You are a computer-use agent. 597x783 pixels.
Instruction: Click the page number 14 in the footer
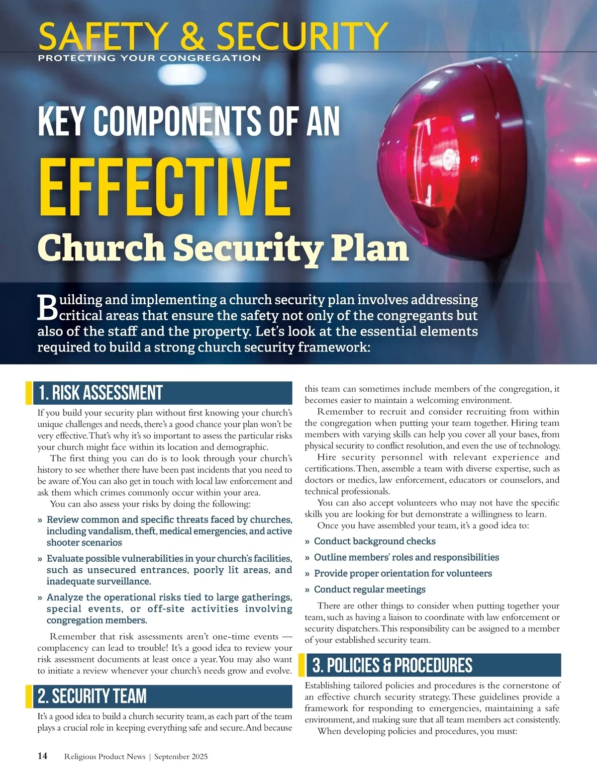42,756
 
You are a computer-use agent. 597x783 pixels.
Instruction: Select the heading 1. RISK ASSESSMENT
100,393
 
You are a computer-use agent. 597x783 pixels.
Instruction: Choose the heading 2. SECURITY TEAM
93,696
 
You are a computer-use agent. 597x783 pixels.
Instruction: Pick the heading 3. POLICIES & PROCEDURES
392,665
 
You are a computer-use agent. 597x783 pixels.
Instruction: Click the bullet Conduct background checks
374,541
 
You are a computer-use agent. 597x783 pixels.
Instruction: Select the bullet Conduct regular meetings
369,590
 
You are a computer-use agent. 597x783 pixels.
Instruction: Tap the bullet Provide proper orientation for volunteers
402,573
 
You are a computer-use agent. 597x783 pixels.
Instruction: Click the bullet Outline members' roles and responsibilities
406,557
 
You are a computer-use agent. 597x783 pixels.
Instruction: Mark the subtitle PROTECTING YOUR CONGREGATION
149,58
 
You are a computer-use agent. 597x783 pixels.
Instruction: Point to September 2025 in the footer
181,757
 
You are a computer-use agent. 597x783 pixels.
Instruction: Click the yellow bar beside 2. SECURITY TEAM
29,696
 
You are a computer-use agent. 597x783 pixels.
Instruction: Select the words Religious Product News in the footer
105,757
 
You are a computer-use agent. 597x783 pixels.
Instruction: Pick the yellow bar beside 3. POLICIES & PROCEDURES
301,665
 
